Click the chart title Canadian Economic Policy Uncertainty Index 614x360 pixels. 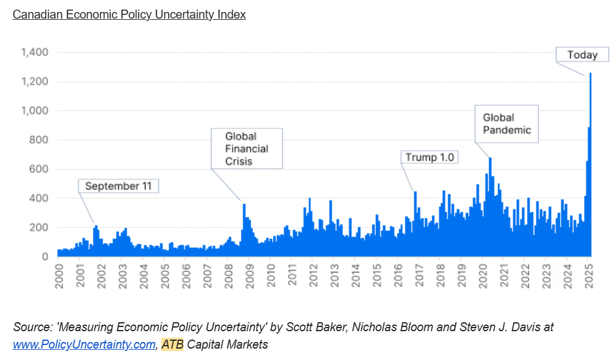(x=129, y=14)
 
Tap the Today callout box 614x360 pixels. (x=582, y=55)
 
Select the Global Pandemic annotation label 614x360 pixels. (x=507, y=124)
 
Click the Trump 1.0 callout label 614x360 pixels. (x=430, y=157)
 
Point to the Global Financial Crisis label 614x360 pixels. (x=246, y=148)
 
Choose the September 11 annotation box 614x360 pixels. (x=118, y=186)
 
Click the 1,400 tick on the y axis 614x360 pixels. (x=35, y=52)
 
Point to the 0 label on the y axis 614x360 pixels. (x=45, y=256)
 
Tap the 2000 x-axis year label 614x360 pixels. (x=59, y=276)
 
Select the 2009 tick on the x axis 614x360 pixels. (x=249, y=276)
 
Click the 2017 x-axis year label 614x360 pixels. (x=419, y=276)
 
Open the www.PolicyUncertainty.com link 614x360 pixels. (x=84, y=344)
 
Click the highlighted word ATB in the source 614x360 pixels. (x=172, y=344)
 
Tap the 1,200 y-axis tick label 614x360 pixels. (x=35, y=82)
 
